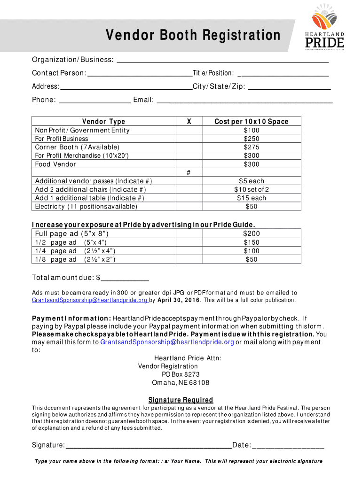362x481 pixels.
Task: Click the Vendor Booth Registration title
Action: [x=193, y=35]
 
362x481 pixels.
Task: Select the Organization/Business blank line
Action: [x=222, y=61]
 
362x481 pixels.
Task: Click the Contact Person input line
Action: [x=140, y=74]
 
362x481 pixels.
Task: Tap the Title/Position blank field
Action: [x=284, y=74]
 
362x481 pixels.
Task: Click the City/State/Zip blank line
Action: [x=289, y=87]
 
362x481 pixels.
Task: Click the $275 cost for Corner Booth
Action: [x=252, y=147]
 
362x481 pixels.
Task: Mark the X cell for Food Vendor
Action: [x=188, y=164]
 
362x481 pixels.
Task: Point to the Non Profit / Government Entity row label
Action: [x=82, y=130]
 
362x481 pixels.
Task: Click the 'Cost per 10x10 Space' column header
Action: [x=252, y=122]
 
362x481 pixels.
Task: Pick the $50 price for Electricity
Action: [x=252, y=206]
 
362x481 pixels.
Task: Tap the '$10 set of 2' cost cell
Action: [x=252, y=189]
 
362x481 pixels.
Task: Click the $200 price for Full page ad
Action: [x=252, y=233]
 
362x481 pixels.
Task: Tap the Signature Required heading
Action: [x=181, y=400]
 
